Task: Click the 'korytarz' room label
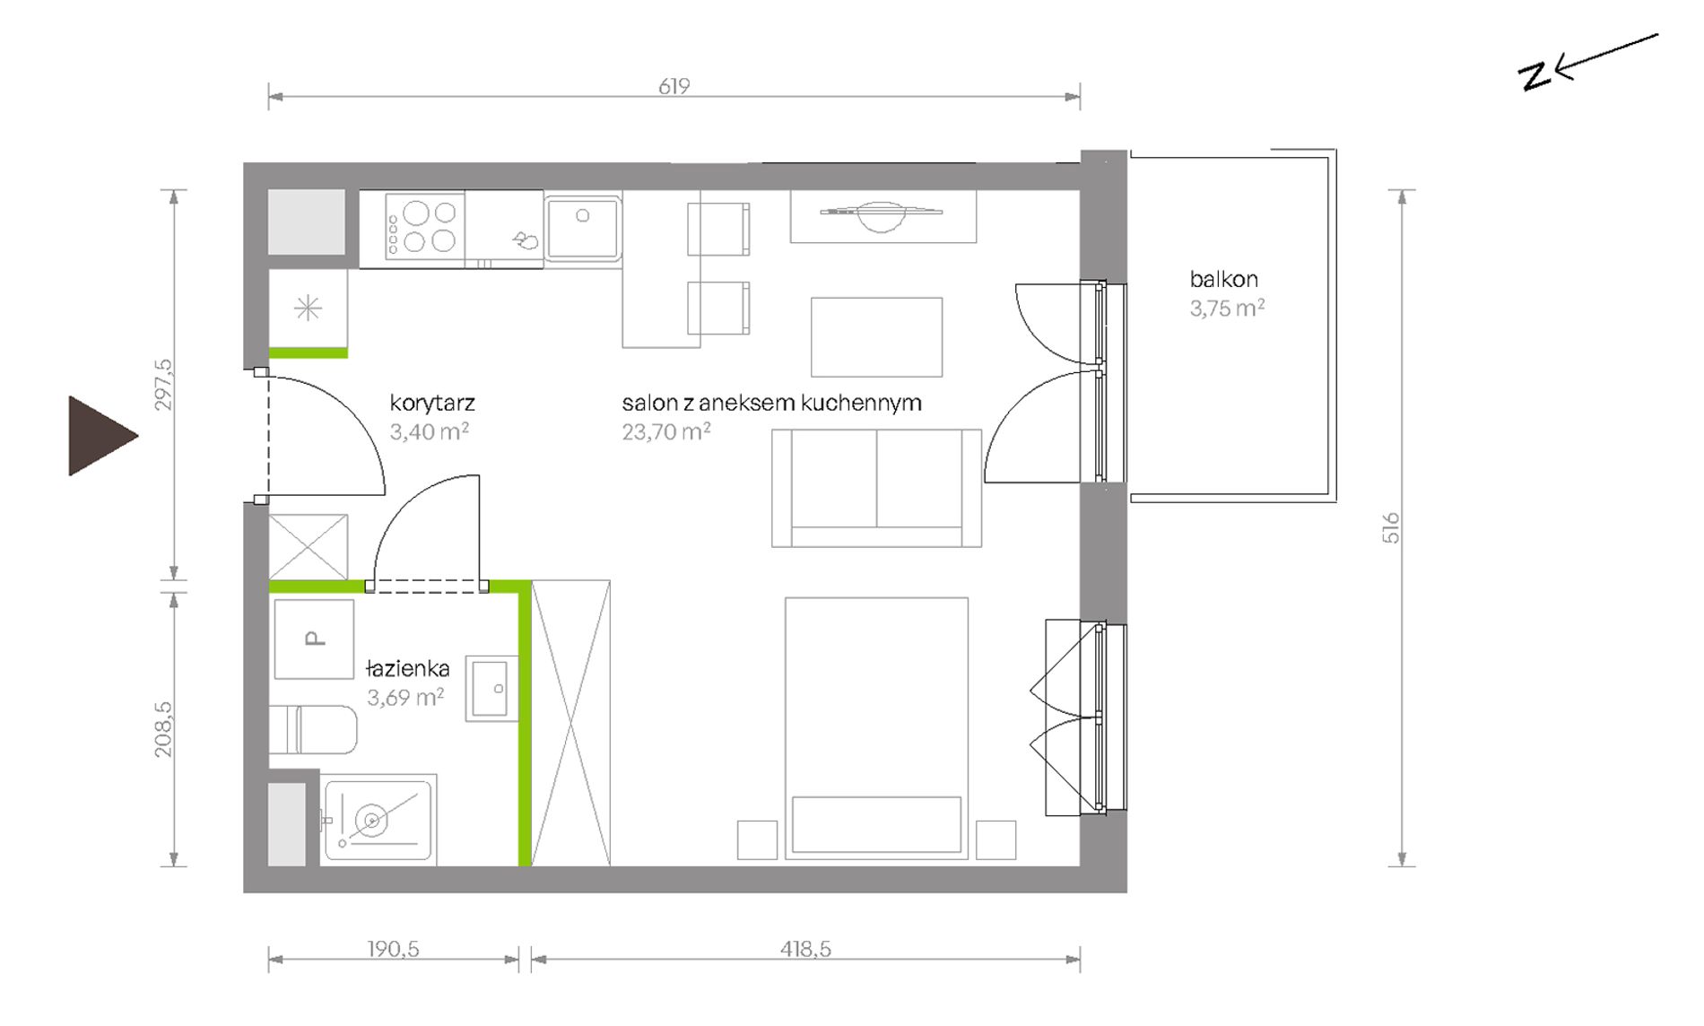pos(432,404)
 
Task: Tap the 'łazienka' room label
pos(408,669)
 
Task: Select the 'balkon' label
pos(1224,279)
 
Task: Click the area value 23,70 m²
pos(666,432)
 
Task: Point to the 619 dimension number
pos(674,86)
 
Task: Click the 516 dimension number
pos(1391,527)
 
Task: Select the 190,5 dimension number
pos(393,949)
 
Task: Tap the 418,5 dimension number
pos(805,949)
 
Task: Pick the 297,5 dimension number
pos(163,385)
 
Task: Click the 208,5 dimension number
pos(163,729)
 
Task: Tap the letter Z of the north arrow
pos(1534,77)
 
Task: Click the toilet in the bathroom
pos(313,730)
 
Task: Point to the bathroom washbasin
pos(491,689)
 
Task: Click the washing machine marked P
pos(314,639)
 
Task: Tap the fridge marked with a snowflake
pos(308,309)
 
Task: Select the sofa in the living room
pos(876,488)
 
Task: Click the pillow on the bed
pos(876,824)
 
